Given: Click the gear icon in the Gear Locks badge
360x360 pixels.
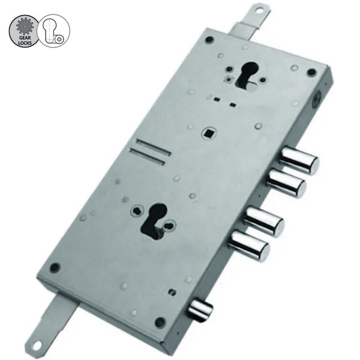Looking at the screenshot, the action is pos(25,26).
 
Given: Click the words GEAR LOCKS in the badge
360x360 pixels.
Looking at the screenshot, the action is pos(25,40).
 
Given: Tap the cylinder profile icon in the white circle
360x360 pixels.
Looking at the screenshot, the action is pos(53,31).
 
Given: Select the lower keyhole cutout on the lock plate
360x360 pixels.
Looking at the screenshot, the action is pos(154,221).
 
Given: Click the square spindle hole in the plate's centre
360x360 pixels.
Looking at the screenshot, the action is pos(209,133).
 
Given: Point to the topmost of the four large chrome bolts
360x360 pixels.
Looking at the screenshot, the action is pos(299,160).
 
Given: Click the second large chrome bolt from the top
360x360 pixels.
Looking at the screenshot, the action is pos(286,184).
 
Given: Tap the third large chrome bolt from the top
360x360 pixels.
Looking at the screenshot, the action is pos(263,221).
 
